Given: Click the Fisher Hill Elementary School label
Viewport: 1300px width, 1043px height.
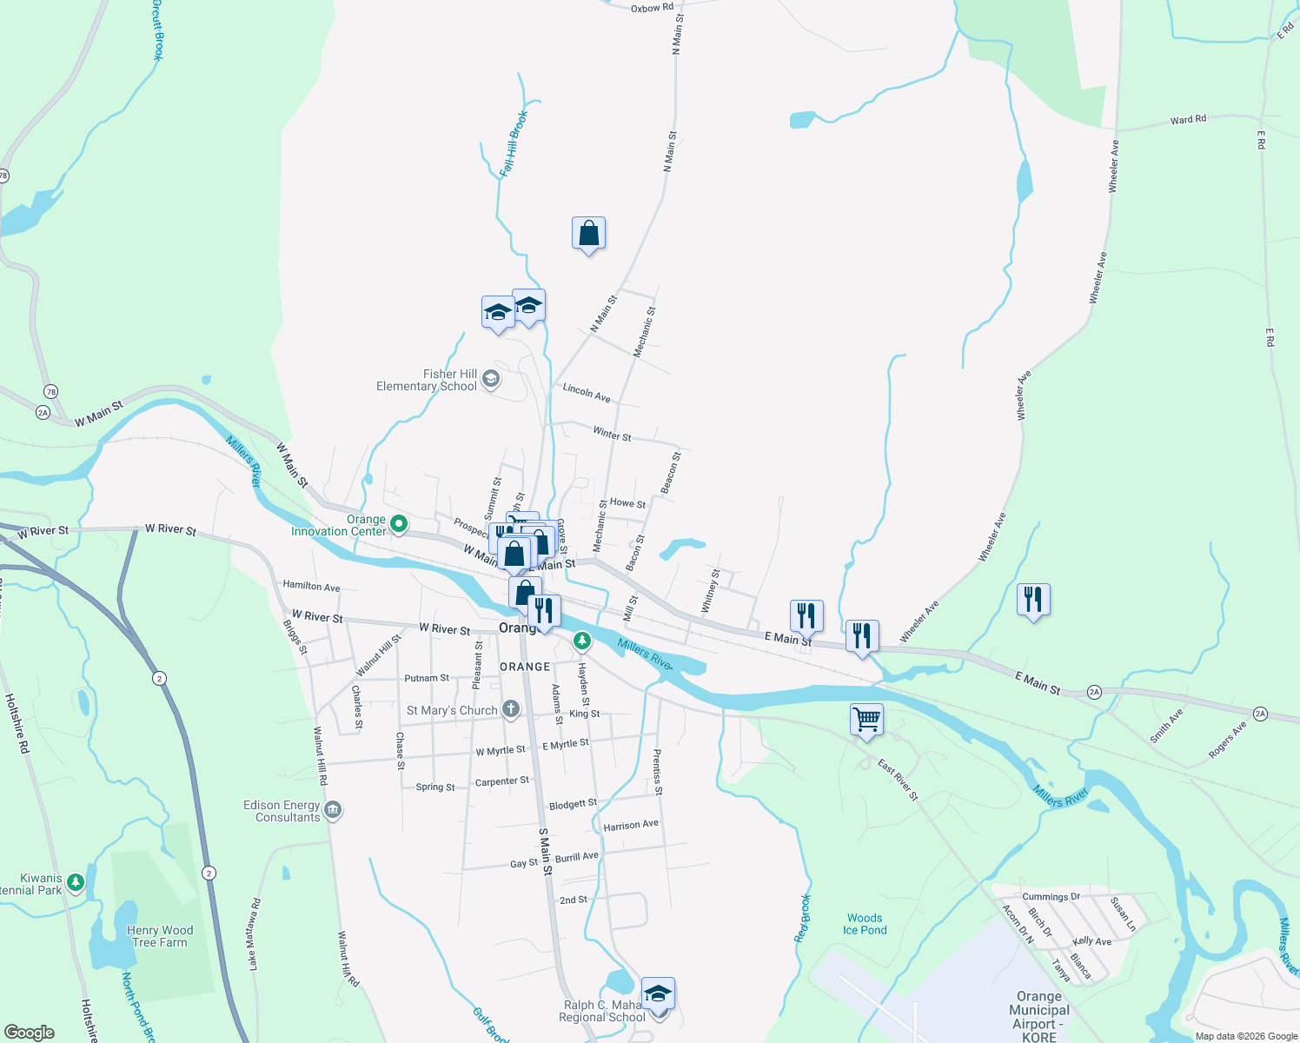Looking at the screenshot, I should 427,380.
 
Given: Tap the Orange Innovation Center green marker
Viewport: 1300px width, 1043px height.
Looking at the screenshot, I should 399,523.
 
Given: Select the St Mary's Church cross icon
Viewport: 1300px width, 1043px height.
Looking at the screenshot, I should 511,709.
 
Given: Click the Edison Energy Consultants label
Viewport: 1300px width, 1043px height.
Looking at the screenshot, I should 282,811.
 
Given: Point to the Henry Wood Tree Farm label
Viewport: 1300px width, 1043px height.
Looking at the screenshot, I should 160,936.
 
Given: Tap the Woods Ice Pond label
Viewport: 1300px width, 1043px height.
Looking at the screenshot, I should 865,924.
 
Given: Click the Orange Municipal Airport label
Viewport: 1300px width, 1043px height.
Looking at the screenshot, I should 1039,1016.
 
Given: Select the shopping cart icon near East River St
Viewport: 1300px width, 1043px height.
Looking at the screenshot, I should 866,720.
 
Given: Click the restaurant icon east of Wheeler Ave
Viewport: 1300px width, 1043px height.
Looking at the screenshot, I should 1033,599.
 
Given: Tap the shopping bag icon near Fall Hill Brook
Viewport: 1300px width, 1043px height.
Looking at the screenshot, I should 589,233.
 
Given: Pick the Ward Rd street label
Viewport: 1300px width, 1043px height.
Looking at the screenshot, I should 1188,120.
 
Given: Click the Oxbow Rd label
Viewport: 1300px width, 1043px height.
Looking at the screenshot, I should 652,8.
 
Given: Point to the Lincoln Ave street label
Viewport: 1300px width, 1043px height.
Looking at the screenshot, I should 587,392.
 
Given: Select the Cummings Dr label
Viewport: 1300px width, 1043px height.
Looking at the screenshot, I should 1051,896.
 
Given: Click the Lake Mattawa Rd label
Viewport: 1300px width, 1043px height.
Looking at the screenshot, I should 254,934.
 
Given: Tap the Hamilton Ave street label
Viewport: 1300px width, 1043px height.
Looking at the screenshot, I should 311,587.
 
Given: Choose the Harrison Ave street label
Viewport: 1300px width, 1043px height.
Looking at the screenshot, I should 631,825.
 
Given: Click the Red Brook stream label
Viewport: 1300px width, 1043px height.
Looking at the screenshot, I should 802,918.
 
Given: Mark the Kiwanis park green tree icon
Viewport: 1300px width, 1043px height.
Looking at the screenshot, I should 76,883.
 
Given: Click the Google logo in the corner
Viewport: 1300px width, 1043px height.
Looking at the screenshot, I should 29,1033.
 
